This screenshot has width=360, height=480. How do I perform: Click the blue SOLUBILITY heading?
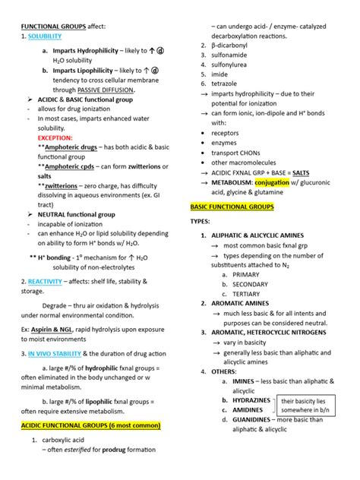click(x=44, y=36)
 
